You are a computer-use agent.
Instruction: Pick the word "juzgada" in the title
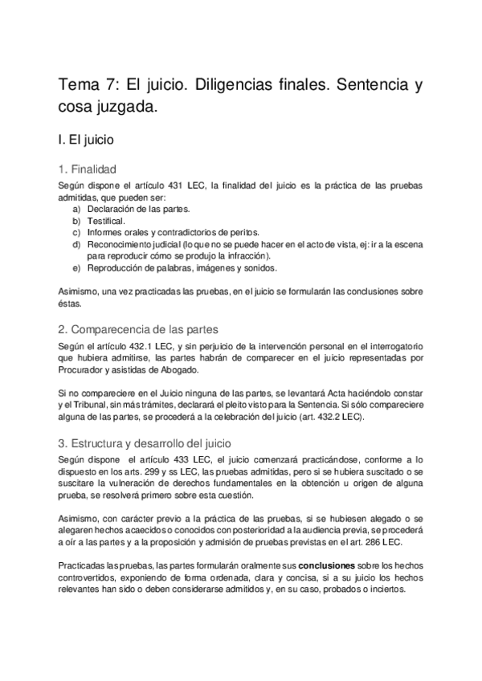click(x=133, y=107)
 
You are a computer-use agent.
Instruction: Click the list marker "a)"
click(x=76, y=208)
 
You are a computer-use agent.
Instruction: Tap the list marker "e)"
click(x=76, y=267)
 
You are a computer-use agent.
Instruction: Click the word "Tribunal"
click(x=88, y=406)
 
